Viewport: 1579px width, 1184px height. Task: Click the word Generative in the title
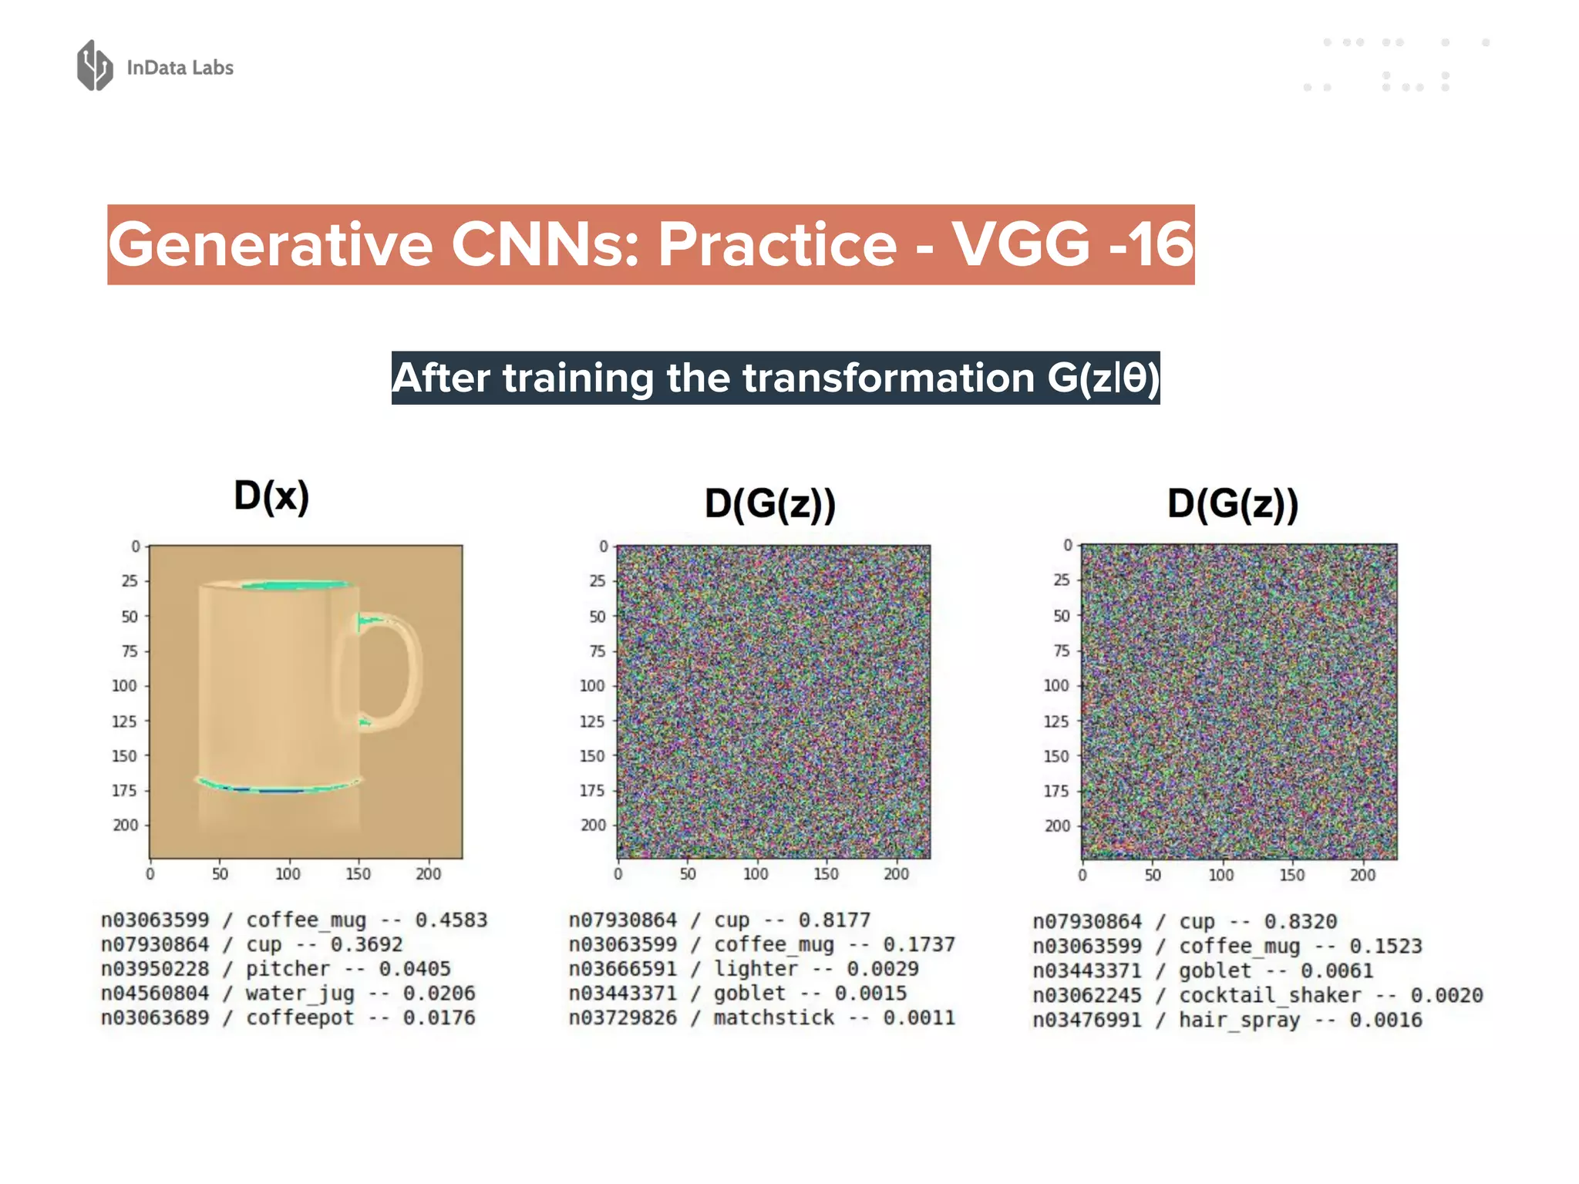coord(270,245)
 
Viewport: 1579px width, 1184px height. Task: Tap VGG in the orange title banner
coord(1022,245)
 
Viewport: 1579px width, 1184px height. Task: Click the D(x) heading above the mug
coord(271,496)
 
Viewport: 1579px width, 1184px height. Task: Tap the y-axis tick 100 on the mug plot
coord(124,685)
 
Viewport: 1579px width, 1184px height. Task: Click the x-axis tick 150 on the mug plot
coord(358,874)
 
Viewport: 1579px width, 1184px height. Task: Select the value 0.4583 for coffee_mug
coord(451,920)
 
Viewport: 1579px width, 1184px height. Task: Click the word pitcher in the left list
coord(288,969)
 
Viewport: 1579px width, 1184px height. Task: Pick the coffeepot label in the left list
coord(300,1017)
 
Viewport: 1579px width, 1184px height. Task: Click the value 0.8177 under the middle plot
coord(833,920)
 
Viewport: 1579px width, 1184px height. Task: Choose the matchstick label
coord(773,1017)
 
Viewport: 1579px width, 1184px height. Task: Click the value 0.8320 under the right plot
coord(1300,921)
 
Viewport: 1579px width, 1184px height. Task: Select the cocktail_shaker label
coord(1270,995)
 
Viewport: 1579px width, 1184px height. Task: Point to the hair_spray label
coord(1239,1020)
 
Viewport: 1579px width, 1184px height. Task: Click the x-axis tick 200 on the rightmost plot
coord(1362,875)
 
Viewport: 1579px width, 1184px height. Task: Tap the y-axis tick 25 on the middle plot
coord(598,580)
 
